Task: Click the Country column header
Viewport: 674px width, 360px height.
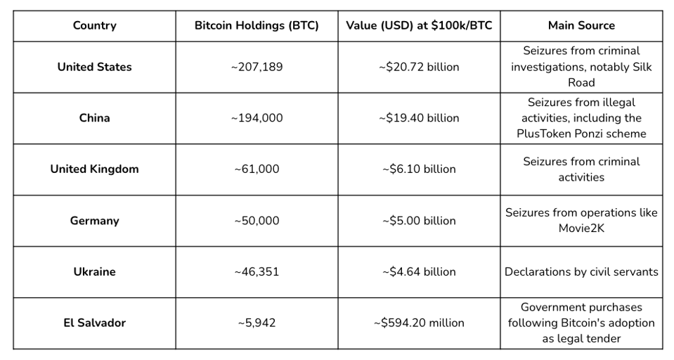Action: coord(94,26)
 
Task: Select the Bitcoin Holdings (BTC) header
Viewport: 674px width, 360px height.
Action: coord(257,26)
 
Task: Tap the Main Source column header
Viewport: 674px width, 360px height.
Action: coord(581,26)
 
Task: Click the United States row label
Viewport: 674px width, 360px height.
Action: coord(94,67)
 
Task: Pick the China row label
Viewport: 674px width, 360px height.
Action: coord(94,118)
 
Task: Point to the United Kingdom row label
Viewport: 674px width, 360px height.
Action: coord(94,169)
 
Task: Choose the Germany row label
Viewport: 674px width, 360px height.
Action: coord(94,221)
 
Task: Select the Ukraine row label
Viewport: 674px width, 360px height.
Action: coord(94,272)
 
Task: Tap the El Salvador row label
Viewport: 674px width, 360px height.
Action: coord(94,323)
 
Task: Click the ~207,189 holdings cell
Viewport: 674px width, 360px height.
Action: coord(257,67)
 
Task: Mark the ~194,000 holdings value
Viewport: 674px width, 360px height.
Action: coord(257,118)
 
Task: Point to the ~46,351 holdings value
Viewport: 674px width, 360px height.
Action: coord(257,272)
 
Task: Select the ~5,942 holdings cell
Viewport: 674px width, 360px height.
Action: coord(257,323)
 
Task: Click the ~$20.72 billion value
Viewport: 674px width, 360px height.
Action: coord(419,67)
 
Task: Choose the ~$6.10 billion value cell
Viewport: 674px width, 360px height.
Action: coord(419,169)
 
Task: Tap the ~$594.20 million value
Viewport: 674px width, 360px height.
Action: coord(419,323)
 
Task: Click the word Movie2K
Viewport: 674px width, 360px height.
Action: coord(581,229)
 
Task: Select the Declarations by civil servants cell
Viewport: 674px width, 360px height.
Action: coord(581,272)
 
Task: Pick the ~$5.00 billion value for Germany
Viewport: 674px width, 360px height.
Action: coord(419,221)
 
